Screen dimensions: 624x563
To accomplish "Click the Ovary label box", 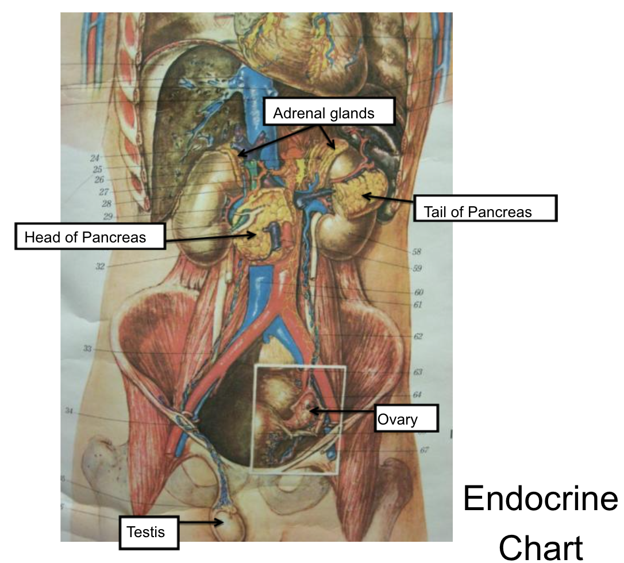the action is (x=406, y=418).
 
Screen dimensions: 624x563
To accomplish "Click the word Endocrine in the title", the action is (x=540, y=498).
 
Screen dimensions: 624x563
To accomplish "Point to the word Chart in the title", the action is (x=541, y=546).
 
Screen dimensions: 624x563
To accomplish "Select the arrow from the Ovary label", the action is (x=342, y=411).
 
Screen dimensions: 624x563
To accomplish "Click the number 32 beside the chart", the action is (x=100, y=266).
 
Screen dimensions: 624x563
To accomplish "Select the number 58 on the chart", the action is (x=417, y=252).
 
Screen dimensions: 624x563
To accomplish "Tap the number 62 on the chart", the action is (x=418, y=337).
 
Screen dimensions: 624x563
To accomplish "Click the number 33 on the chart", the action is (x=87, y=349).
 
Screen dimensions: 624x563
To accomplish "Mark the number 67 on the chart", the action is (x=423, y=450).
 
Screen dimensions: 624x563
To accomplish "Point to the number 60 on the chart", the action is (x=419, y=293).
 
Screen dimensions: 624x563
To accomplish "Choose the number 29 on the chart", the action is (x=109, y=217).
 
